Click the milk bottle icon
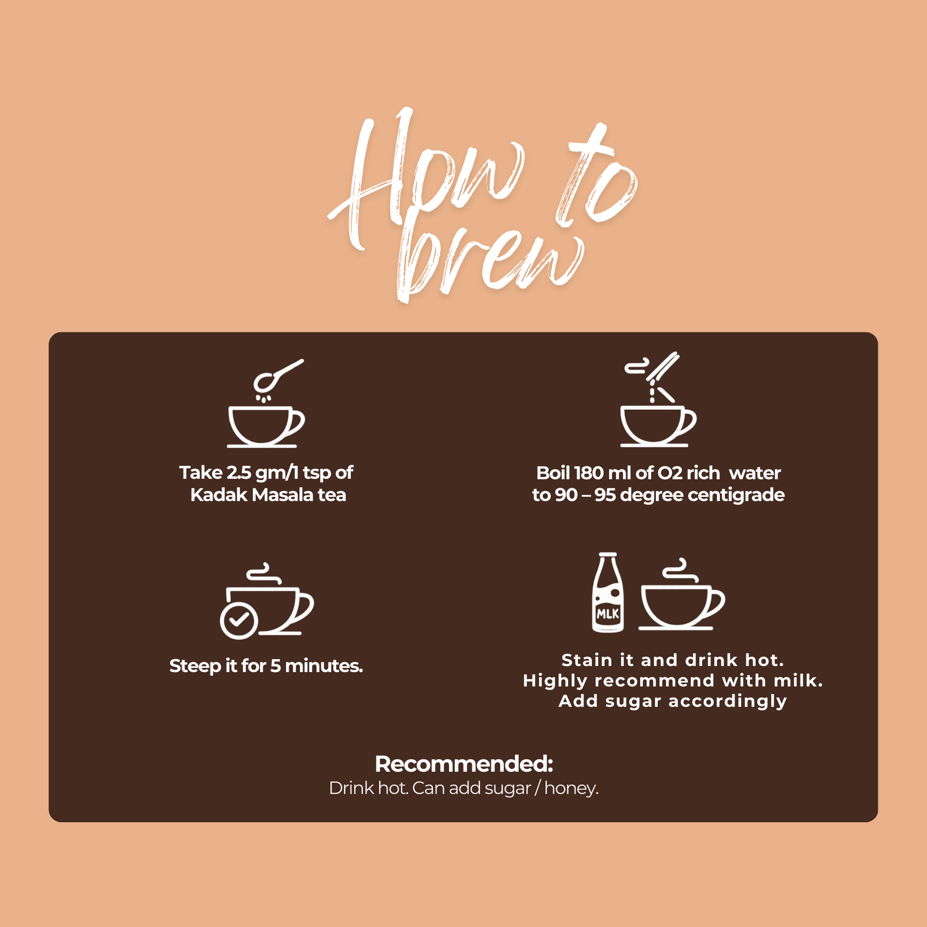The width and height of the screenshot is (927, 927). pyautogui.click(x=608, y=593)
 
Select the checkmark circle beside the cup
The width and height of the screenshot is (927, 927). pyautogui.click(x=239, y=621)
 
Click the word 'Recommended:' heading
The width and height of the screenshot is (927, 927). pyautogui.click(x=463, y=765)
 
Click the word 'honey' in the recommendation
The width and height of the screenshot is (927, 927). pyautogui.click(x=570, y=788)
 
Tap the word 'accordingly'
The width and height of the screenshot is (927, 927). pyautogui.click(x=728, y=702)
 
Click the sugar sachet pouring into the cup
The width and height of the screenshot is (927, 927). pyautogui.click(x=663, y=367)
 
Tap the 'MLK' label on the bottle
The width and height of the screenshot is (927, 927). pyautogui.click(x=608, y=614)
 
